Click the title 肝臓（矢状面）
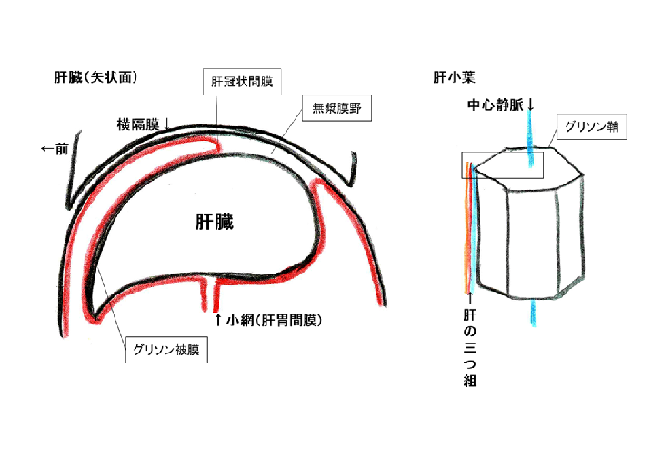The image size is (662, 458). click(x=95, y=77)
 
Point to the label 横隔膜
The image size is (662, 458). click(x=137, y=124)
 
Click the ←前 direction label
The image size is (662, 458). click(x=55, y=149)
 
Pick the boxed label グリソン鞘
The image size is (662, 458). click(x=590, y=126)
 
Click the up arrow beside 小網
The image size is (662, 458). click(x=217, y=320)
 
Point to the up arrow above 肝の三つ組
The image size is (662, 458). click(x=470, y=297)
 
